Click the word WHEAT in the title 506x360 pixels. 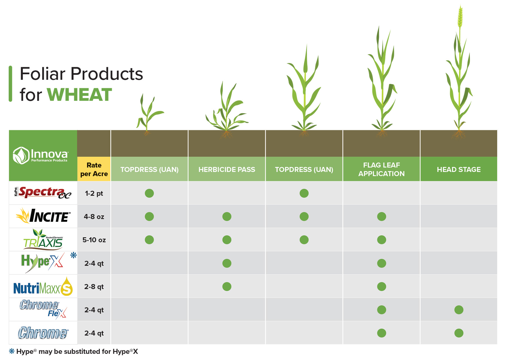pyautogui.click(x=79, y=95)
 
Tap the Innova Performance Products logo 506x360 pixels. pyautogui.click(x=41, y=155)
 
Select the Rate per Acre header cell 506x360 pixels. pyautogui.click(x=94, y=169)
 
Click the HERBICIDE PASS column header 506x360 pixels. pyautogui.click(x=227, y=169)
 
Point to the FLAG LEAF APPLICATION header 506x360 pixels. pyautogui.click(x=381, y=169)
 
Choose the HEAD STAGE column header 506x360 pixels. pyautogui.click(x=458, y=169)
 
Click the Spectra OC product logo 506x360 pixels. pyautogui.click(x=43, y=193)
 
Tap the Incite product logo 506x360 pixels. pyautogui.click(x=43, y=216)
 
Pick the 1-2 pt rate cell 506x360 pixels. pyautogui.click(x=94, y=193)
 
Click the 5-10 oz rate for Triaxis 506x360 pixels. pyautogui.click(x=94, y=240)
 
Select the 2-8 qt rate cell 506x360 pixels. pyautogui.click(x=94, y=287)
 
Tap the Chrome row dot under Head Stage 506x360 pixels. pyautogui.click(x=458, y=333)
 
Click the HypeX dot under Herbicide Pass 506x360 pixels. pyautogui.click(x=227, y=263)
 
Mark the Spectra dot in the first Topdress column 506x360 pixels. pyautogui.click(x=149, y=193)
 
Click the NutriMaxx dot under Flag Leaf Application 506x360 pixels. pyautogui.click(x=381, y=287)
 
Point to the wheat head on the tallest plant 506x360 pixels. pyautogui.click(x=460, y=17)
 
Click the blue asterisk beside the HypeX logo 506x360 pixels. pyautogui.click(x=73, y=255)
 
